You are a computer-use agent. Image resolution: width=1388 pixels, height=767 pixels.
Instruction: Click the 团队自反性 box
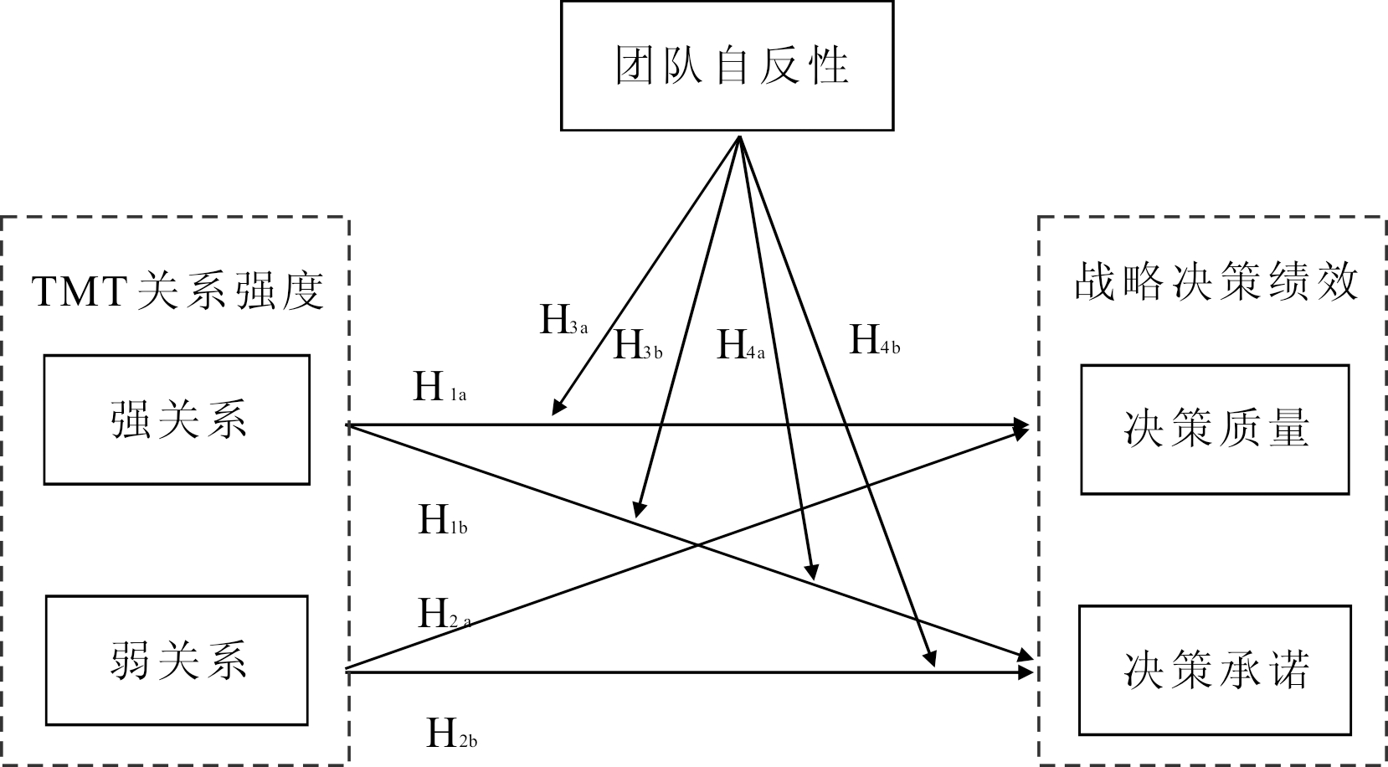(727, 65)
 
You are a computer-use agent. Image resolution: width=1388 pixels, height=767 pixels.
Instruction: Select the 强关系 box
(177, 420)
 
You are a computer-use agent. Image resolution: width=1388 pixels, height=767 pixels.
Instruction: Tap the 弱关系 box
(177, 661)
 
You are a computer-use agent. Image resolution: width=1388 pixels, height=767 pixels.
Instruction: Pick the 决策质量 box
(1214, 429)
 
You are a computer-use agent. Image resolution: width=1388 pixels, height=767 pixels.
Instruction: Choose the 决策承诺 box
(1214, 670)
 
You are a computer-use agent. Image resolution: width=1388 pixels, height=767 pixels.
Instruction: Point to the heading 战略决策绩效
(1216, 283)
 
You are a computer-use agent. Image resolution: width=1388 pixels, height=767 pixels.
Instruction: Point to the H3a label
(563, 321)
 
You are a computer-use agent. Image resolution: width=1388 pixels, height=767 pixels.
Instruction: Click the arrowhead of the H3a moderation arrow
(556, 409)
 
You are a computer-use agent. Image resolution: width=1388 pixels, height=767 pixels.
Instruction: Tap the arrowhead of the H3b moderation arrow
(638, 511)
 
